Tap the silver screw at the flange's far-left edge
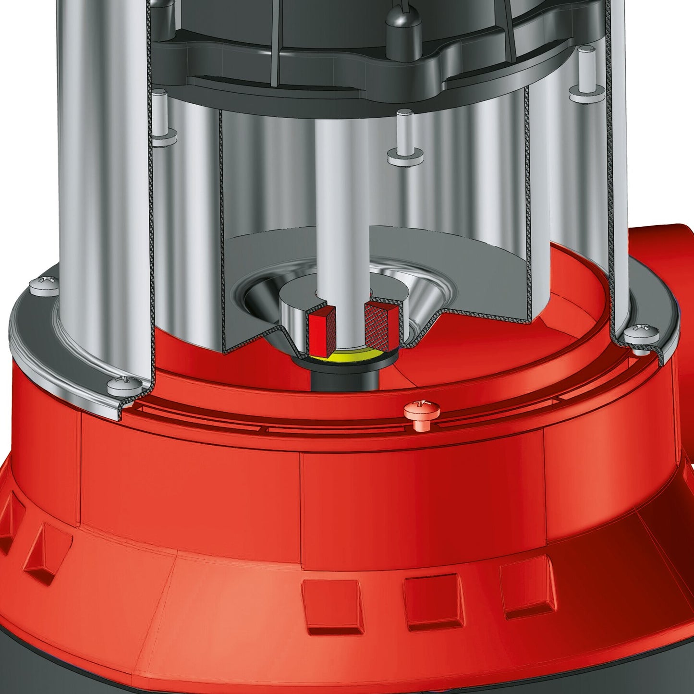coord(44,286)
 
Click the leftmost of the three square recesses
coord(332,606)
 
